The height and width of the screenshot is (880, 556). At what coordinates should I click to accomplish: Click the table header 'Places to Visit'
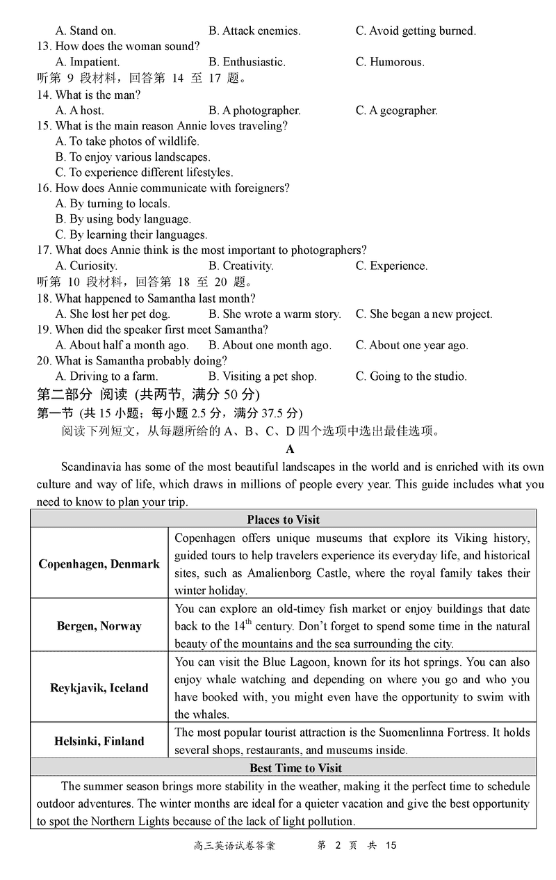[x=283, y=520]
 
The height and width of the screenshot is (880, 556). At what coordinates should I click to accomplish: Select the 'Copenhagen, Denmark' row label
[x=99, y=564]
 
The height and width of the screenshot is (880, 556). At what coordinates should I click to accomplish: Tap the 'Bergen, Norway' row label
[x=99, y=626]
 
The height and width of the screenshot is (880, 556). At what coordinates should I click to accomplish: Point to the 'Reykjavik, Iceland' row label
[x=99, y=688]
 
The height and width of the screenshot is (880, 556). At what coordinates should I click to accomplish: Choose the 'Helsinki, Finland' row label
[x=99, y=741]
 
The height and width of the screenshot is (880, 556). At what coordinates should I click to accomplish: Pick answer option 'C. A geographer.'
[x=396, y=110]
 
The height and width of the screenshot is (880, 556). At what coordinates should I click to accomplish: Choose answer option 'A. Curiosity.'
[x=86, y=266]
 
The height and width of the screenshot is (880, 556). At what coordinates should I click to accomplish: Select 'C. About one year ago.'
[x=411, y=345]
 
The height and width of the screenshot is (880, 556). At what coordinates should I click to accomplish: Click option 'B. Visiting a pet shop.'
[x=262, y=376]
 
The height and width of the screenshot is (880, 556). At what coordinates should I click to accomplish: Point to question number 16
[x=44, y=188]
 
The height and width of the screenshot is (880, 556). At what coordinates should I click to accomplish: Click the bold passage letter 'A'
[x=291, y=449]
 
